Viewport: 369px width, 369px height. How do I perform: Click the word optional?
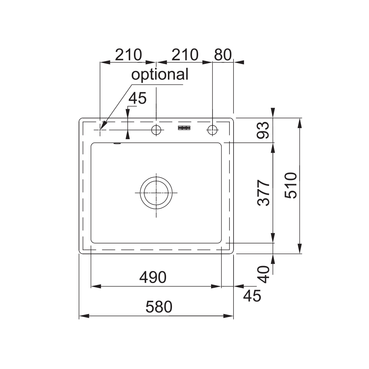pos(160,75)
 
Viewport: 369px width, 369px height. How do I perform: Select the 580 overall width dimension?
pos(159,307)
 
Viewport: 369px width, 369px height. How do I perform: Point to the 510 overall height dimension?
pos(291,186)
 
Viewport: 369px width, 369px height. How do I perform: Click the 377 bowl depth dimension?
pos(263,193)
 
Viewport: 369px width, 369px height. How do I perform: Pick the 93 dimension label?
pos(263,130)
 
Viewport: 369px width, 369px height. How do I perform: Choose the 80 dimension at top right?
pos(223,55)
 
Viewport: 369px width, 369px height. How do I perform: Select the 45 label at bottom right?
pos(252,296)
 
